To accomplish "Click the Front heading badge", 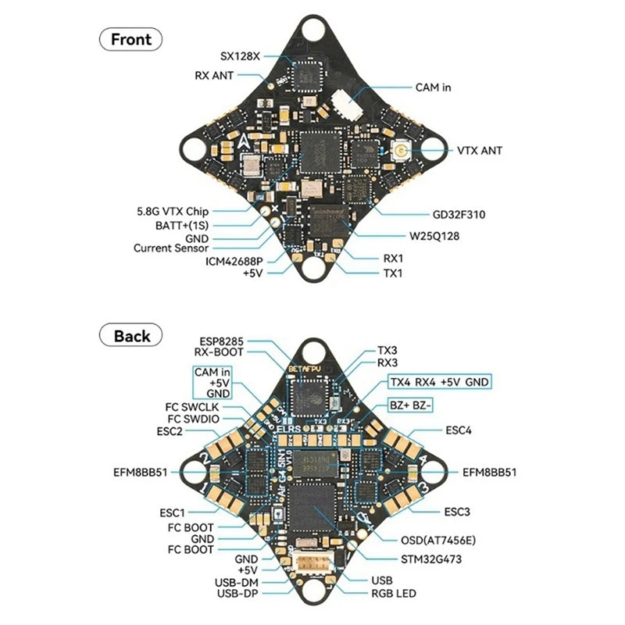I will coord(130,39).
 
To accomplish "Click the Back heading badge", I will coord(131,336).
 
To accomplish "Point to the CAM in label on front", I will coord(433,88).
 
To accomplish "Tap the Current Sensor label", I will coord(170,248).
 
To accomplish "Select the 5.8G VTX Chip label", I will coord(173,211).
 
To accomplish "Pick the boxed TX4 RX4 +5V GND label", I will coord(444,382).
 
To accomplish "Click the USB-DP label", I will coord(237,594).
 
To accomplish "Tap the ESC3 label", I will coord(457,512).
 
